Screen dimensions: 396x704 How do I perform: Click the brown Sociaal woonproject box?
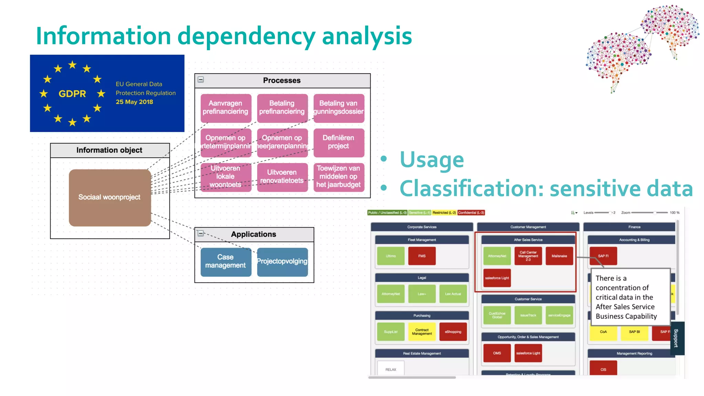(110, 198)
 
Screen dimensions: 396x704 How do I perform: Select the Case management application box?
(225, 262)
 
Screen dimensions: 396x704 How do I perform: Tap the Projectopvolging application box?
(282, 262)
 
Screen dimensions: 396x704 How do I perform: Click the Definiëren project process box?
(338, 142)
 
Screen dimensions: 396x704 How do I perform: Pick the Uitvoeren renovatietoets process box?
(282, 177)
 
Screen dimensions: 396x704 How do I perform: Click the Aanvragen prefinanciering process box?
(225, 108)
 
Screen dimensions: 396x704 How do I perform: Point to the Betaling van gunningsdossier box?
(338, 108)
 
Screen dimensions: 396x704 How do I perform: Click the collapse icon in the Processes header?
(201, 80)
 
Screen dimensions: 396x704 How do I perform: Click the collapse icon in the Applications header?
(201, 233)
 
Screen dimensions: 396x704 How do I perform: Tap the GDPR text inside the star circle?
(72, 94)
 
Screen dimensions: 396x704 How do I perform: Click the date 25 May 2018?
(134, 102)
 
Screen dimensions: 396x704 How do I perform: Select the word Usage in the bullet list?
(432, 160)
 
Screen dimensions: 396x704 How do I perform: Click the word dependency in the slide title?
(246, 36)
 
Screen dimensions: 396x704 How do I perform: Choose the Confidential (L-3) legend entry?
(471, 213)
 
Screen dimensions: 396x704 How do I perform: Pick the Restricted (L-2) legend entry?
(444, 213)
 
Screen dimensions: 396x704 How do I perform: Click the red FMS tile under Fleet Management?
(422, 256)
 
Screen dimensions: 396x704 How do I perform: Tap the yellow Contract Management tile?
(422, 332)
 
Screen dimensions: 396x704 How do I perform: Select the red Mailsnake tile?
(559, 256)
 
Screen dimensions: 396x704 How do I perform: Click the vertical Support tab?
(676, 338)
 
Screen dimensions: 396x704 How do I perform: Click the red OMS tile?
(497, 353)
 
